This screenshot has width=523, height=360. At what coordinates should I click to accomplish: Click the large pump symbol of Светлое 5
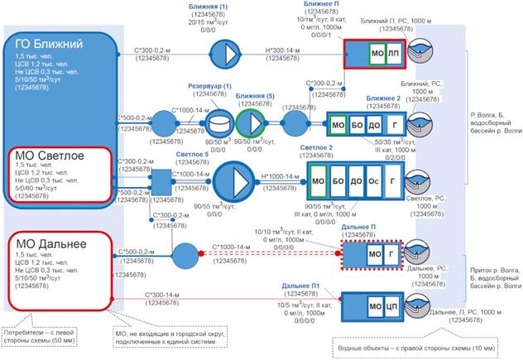[x=238, y=179]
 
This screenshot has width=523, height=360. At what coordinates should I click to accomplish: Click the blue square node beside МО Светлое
[x=161, y=178]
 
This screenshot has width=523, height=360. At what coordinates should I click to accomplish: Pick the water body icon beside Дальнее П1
[x=429, y=306]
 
